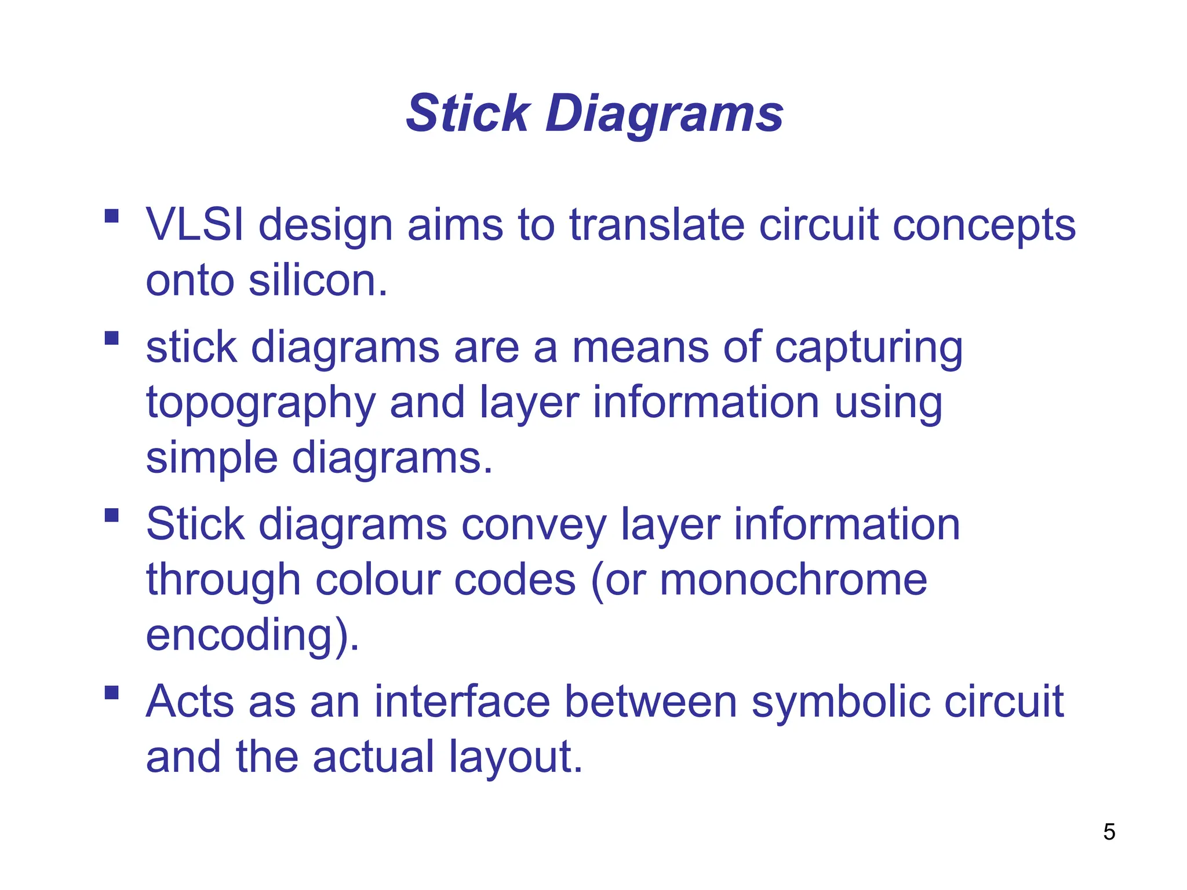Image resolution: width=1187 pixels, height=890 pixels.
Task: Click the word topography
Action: [261, 403]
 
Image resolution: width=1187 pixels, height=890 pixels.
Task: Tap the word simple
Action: [212, 458]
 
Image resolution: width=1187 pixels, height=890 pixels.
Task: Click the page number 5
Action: [1109, 832]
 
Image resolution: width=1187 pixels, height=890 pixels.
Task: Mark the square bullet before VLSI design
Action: [112, 217]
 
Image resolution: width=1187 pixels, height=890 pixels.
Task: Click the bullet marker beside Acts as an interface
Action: [112, 692]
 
